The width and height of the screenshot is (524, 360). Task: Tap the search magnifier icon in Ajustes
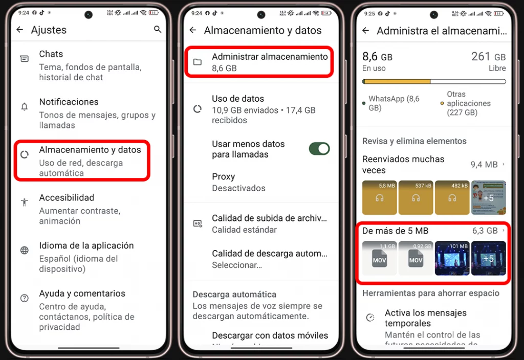tap(157, 30)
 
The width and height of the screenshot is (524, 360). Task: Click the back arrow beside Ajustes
tap(20, 30)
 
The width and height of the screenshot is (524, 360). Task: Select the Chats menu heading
tap(51, 54)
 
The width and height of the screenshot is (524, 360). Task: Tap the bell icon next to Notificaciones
tap(24, 107)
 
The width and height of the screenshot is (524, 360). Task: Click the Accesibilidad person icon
tap(24, 202)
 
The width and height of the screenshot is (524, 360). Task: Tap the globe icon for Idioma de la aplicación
tap(24, 251)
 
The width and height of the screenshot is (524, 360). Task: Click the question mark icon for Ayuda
tap(24, 298)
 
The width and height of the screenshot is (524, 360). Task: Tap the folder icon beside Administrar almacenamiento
tap(197, 62)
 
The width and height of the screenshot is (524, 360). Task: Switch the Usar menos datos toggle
tap(319, 149)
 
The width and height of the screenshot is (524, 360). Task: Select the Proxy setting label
tap(223, 177)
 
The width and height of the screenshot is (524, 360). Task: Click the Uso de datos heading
tap(238, 99)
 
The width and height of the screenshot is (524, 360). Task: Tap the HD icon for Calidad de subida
tap(197, 223)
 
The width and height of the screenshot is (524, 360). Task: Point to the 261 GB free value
tap(488, 57)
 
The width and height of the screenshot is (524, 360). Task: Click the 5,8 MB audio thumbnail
tap(379, 197)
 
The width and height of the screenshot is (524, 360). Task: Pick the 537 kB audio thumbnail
tap(416, 197)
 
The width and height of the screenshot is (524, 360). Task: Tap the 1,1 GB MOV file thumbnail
tap(379, 258)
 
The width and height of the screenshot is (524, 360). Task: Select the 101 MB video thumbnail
tap(452, 258)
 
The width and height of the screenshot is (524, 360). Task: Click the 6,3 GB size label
tap(485, 231)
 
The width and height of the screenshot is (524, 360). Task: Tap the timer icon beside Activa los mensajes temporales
tap(370, 318)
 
